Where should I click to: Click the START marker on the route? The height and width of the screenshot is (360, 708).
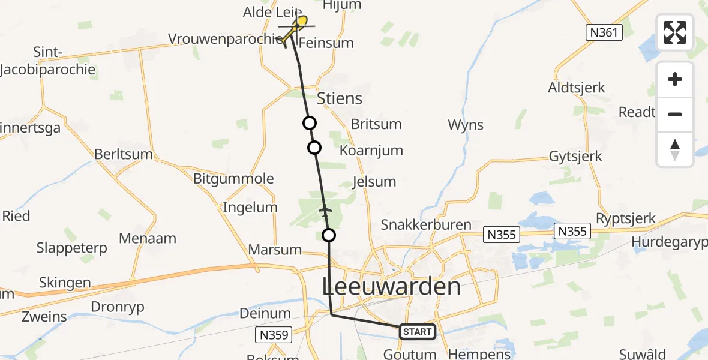click(x=417, y=331)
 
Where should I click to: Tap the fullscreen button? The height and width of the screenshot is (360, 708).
click(x=675, y=32)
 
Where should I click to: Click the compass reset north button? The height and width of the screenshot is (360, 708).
click(x=675, y=149)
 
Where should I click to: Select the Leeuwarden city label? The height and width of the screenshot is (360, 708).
click(x=392, y=287)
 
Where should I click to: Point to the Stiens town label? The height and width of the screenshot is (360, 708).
click(x=340, y=98)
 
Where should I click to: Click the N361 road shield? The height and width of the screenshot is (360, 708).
click(x=604, y=32)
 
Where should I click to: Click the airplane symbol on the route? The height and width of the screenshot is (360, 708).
click(x=325, y=211)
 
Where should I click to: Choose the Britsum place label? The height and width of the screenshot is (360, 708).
click(x=376, y=124)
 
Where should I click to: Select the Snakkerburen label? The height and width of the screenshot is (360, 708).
click(x=426, y=225)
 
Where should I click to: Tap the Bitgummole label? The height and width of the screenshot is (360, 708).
click(x=233, y=178)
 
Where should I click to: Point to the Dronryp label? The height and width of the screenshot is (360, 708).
click(x=117, y=307)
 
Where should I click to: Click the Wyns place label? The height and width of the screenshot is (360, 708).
click(x=466, y=125)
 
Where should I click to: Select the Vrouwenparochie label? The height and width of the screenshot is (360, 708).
click(x=225, y=39)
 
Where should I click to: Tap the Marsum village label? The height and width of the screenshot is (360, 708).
click(x=275, y=249)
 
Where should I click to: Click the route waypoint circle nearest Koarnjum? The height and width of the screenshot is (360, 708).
click(x=314, y=148)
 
